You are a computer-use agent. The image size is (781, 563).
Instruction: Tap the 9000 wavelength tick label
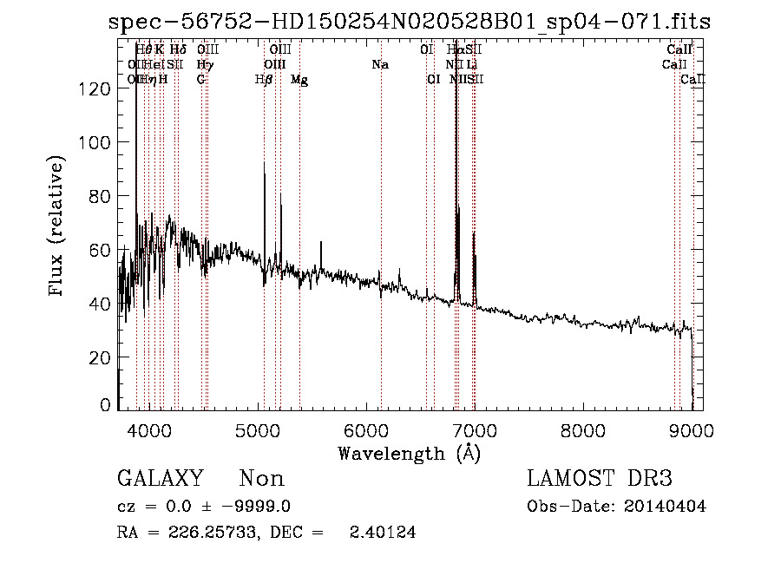click(x=692, y=429)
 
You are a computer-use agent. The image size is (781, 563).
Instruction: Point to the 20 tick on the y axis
click(x=102, y=357)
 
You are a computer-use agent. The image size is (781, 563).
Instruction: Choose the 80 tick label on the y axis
click(x=102, y=197)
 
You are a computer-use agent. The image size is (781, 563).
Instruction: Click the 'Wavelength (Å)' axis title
click(x=409, y=453)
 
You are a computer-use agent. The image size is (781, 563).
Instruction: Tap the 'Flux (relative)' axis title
click(x=58, y=227)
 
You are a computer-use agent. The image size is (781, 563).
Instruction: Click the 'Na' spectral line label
click(x=380, y=65)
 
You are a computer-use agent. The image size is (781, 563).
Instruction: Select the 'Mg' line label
click(x=299, y=80)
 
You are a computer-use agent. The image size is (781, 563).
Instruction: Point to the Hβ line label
click(x=263, y=80)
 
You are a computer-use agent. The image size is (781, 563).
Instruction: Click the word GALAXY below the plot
click(x=160, y=479)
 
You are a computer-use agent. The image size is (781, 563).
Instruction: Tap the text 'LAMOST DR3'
click(x=600, y=479)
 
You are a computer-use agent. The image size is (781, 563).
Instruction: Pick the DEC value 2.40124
click(x=381, y=533)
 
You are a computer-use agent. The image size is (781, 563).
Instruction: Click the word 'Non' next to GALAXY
click(x=261, y=479)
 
